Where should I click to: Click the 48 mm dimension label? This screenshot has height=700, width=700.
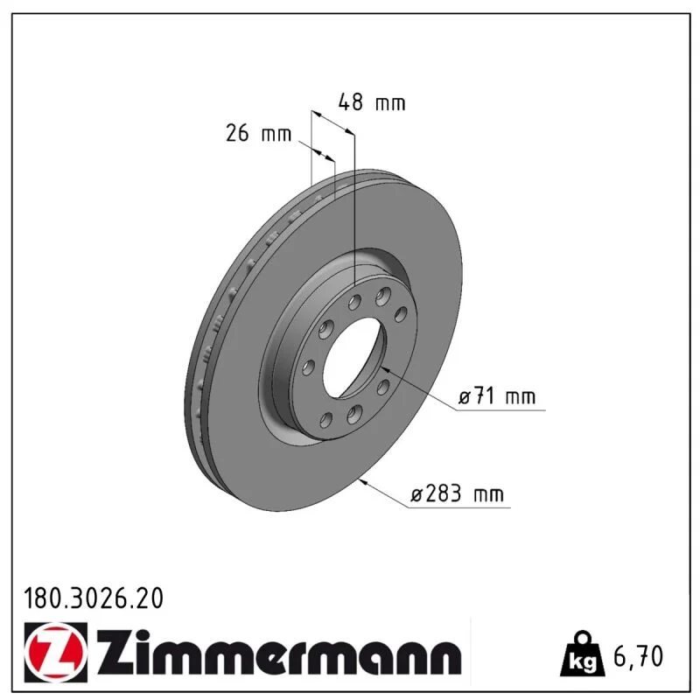pyautogui.click(x=372, y=102)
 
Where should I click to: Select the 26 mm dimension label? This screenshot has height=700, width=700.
pyautogui.click(x=258, y=133)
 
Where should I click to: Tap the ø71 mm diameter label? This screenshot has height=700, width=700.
pyautogui.click(x=497, y=396)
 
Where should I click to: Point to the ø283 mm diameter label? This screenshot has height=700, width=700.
pyautogui.click(x=457, y=494)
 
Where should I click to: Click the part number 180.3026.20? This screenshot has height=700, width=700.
pyautogui.click(x=94, y=598)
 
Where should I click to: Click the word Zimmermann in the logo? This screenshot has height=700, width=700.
pyautogui.click(x=277, y=653)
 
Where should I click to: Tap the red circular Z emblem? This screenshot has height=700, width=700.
pyautogui.click(x=56, y=652)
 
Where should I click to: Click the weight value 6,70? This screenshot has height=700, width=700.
pyautogui.click(x=639, y=656)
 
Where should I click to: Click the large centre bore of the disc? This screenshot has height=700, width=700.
pyautogui.click(x=353, y=356)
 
